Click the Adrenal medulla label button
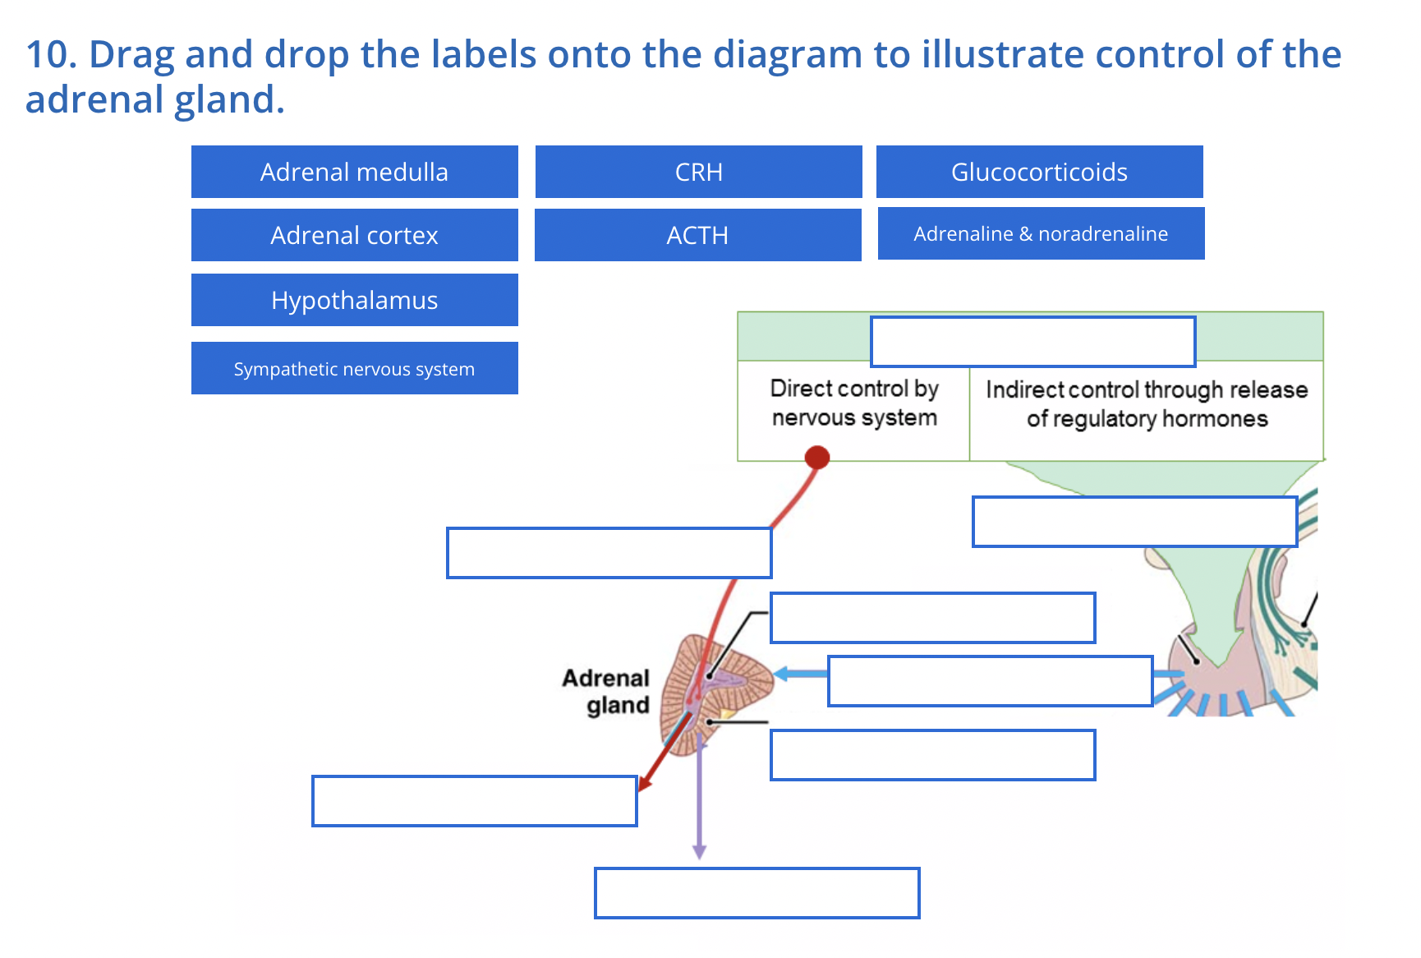pyautogui.click(x=354, y=172)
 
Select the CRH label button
pyautogui.click(x=698, y=172)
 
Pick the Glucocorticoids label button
pyautogui.click(x=1039, y=172)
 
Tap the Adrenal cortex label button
pyautogui.click(x=354, y=235)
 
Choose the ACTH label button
pyautogui.click(x=697, y=235)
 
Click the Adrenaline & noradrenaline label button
pyautogui.click(x=1041, y=233)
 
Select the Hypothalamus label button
pyautogui.click(x=354, y=300)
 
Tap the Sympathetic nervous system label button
pyautogui.click(x=354, y=369)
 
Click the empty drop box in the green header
pyautogui.click(x=1032, y=341)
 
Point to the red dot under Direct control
pyautogui.click(x=816, y=457)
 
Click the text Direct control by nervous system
pyautogui.click(x=854, y=403)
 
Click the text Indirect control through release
pyautogui.click(x=1147, y=389)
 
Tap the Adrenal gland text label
pyautogui.click(x=608, y=691)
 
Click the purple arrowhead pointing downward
pyautogui.click(x=699, y=851)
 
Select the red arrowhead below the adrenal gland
pyautogui.click(x=646, y=781)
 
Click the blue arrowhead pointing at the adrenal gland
pyautogui.click(x=782, y=674)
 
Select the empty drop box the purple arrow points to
pyautogui.click(x=756, y=892)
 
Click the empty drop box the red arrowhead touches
pyautogui.click(x=474, y=800)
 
